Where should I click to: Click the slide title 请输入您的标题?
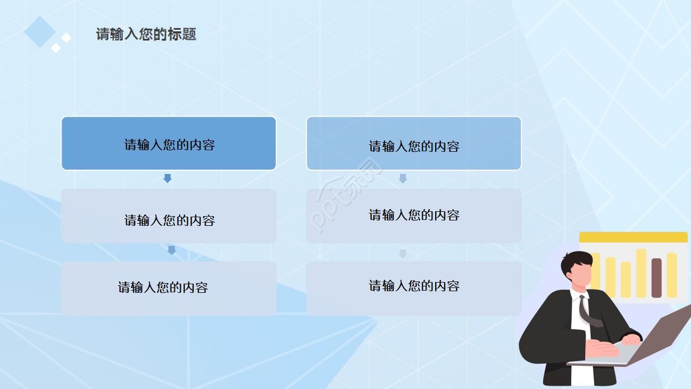click(x=146, y=34)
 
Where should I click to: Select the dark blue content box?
click(x=168, y=144)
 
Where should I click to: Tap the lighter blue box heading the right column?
click(x=414, y=144)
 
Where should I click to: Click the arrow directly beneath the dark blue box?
click(x=167, y=178)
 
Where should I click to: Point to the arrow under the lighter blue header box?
click(x=403, y=178)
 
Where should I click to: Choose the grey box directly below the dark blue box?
click(x=168, y=216)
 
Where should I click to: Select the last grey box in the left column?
click(x=168, y=288)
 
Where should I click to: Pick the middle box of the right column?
click(x=414, y=216)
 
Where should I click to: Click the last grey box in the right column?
click(x=414, y=288)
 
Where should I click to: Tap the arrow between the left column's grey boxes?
click(x=172, y=250)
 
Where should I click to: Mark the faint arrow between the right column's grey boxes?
click(x=403, y=253)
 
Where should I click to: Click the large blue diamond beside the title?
click(x=40, y=31)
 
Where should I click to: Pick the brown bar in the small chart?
click(x=656, y=277)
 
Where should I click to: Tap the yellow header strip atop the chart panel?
click(x=633, y=237)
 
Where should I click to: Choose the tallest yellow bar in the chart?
click(x=641, y=273)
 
